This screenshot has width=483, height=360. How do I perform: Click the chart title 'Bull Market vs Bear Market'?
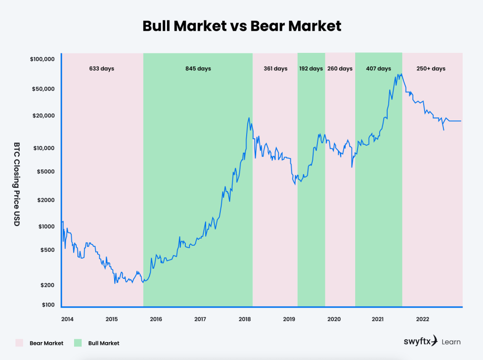coord(241,26)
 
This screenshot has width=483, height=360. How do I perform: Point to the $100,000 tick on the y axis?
coord(42,59)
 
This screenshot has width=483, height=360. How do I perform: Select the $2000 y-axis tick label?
coord(46,200)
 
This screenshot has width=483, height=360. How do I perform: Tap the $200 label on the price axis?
coord(48,285)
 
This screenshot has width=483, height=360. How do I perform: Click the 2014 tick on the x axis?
coord(67,319)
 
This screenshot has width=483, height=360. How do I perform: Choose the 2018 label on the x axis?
coord(245,319)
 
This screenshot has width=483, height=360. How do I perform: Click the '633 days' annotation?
coord(101,69)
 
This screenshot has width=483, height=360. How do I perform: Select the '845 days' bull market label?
coord(198,69)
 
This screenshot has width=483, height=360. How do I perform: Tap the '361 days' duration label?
coord(275,69)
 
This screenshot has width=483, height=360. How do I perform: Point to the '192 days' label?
coord(311,69)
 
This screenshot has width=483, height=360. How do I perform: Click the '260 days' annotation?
coord(340,69)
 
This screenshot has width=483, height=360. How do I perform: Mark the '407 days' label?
coord(378,69)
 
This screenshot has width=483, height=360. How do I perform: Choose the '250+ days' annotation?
coord(431,69)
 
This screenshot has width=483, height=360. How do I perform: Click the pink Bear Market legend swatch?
coord(19,343)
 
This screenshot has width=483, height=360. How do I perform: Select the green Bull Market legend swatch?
coord(78,343)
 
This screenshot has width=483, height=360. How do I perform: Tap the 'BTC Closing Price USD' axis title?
coord(17,184)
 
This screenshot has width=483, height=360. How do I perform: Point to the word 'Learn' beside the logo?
coord(451,342)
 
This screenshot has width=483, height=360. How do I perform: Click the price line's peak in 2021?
coord(400,74)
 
